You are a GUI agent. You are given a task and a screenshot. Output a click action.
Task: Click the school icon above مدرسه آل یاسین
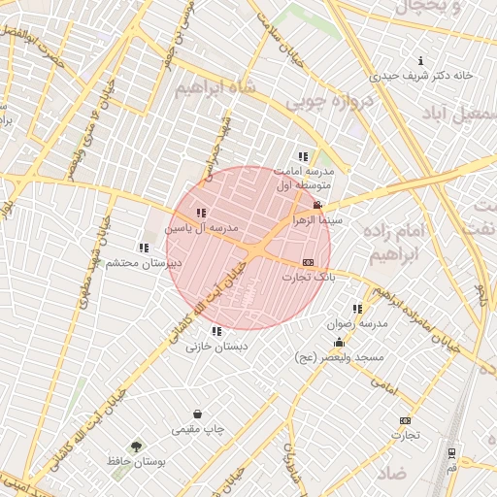click(201, 213)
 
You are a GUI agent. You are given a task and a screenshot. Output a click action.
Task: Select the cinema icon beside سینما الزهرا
click(317, 204)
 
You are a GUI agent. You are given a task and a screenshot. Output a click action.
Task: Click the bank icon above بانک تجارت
click(309, 262)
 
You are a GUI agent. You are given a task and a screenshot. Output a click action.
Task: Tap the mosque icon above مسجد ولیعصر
click(339, 344)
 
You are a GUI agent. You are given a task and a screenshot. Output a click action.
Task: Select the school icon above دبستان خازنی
click(215, 331)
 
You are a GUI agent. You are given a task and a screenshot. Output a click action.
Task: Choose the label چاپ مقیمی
click(198, 428)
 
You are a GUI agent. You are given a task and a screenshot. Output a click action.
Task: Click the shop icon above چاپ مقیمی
click(198, 414)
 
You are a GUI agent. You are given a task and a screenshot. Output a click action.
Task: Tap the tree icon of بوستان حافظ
click(136, 447)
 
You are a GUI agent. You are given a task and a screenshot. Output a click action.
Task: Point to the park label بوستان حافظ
click(138, 463)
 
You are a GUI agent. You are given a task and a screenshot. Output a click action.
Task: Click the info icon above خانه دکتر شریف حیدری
click(419, 60)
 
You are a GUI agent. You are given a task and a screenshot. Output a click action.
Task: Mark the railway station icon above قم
click(452, 453)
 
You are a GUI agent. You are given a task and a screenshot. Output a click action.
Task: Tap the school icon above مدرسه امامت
click(304, 155)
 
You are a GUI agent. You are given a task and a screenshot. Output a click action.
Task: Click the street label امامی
click(384, 385)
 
